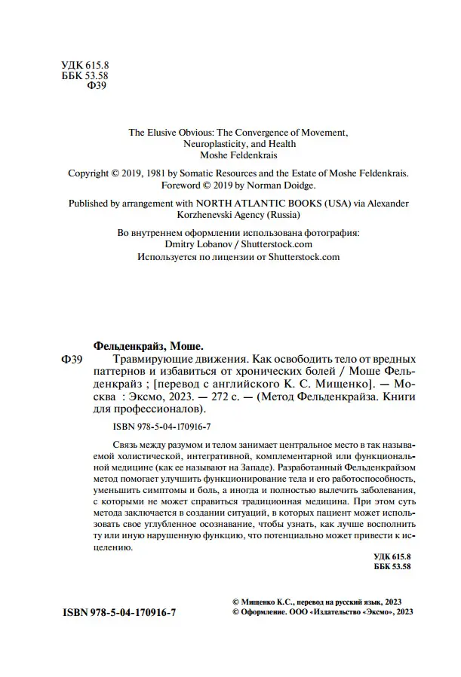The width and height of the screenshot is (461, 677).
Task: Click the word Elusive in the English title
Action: tap(163, 131)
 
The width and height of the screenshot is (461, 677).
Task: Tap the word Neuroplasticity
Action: tap(219, 143)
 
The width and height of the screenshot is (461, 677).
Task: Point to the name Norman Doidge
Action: tap(262, 185)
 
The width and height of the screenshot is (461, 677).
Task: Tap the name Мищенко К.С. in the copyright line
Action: tap(270, 602)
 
